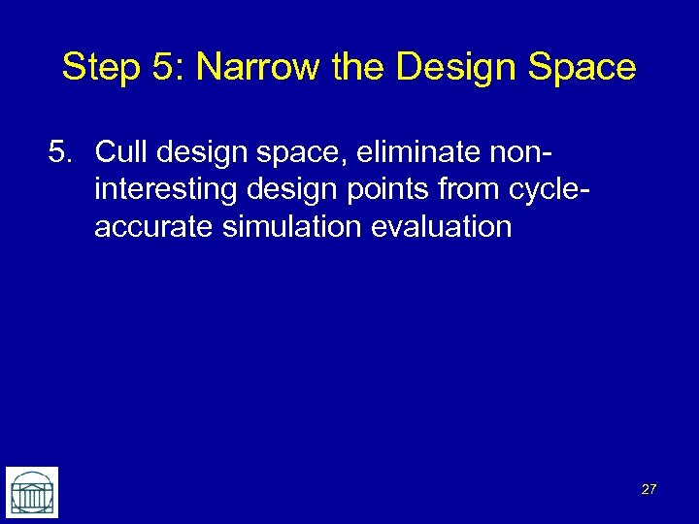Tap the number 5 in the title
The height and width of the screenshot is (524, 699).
pyautogui.click(x=160, y=68)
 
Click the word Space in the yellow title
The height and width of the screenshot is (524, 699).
pyautogui.click(x=585, y=68)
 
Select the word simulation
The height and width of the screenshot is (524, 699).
pyautogui.click(x=291, y=227)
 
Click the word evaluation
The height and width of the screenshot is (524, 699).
pyautogui.click(x=444, y=227)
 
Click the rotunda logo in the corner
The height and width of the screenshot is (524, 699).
pyautogui.click(x=32, y=492)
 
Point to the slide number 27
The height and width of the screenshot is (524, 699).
pyautogui.click(x=649, y=489)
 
